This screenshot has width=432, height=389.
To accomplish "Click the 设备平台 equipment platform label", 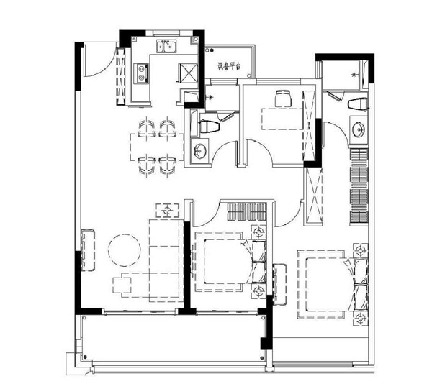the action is point(229,66).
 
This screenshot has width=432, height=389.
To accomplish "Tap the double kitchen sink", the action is point(166,46).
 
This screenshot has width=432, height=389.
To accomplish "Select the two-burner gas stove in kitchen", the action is point(141,73).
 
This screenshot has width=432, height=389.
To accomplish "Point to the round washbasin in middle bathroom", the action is point(199,151).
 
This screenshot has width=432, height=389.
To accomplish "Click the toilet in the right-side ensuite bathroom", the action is point(357,104).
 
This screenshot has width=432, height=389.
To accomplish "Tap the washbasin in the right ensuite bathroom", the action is point(359,129).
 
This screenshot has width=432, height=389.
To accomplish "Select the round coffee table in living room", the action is point(125,250).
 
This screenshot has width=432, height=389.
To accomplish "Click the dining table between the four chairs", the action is point(157,147).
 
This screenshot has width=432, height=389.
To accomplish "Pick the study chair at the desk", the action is point(283,99).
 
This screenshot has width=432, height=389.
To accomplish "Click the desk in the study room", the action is point(282,119).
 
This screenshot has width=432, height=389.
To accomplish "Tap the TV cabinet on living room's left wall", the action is point(88,250).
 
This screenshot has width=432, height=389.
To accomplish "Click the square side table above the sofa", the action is point(167,211).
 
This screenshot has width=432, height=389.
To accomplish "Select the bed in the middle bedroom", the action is point(230,261).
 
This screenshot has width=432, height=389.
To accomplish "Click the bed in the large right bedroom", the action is point(332,285).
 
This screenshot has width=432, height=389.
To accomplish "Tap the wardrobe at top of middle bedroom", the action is point(247,212).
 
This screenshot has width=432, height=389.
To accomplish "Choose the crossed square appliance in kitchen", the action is point(188,73).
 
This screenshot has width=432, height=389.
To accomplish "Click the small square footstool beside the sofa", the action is point(122,285).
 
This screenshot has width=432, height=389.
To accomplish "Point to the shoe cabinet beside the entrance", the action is point(121,76).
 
